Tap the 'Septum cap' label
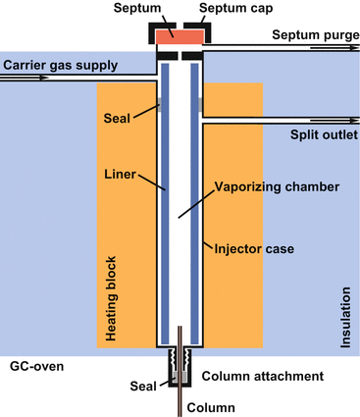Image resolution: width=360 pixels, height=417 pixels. coord(235,9)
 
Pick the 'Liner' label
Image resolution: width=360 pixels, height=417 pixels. coord(121,178)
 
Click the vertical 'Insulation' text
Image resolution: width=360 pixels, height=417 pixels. coord(344,318)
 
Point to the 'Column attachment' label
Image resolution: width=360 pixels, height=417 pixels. coord(263,377)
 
